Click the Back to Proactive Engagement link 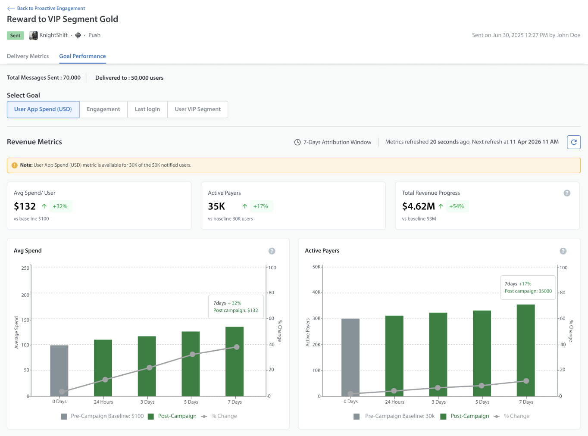coord(46,8)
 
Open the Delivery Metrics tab coord(28,56)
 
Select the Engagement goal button coord(103,109)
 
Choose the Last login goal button coord(147,109)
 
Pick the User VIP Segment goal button coord(197,109)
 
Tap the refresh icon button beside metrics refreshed coord(574,142)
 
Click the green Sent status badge coord(16,35)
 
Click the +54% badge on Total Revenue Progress coord(457,206)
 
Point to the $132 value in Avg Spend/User coord(25,206)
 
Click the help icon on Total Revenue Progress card coord(567,193)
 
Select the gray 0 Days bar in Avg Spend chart coord(59,371)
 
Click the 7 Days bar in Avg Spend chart coord(235,361)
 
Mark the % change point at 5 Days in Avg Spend coord(192,355)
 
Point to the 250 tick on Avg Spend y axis coord(25,268)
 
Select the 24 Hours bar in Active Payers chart coord(394,356)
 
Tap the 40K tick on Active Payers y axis coord(316,292)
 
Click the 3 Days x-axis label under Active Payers coord(439,402)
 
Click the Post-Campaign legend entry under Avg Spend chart coord(172,416)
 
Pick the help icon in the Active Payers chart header coord(563,251)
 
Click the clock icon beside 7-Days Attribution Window coord(297,142)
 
